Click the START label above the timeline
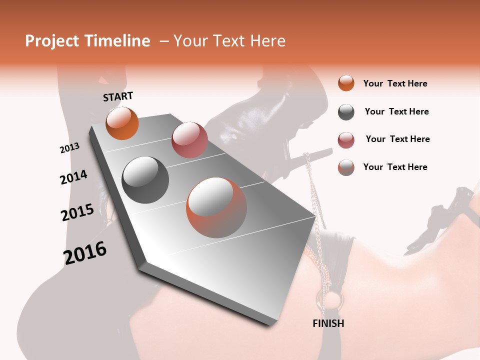(118, 96)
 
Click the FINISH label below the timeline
(328, 323)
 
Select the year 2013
(69, 148)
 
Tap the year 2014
(73, 177)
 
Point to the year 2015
(77, 212)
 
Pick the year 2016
(85, 252)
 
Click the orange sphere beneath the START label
(122, 123)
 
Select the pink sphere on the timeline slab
(189, 139)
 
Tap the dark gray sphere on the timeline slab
(145, 179)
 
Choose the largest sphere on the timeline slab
(216, 207)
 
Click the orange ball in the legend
(346, 83)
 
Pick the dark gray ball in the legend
(346, 112)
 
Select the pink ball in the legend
(346, 140)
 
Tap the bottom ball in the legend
(346, 167)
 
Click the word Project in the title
(51, 41)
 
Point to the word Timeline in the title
(118, 41)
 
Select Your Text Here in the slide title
(229, 41)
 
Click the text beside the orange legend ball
(395, 83)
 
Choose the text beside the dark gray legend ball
(396, 111)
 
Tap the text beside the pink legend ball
(397, 139)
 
